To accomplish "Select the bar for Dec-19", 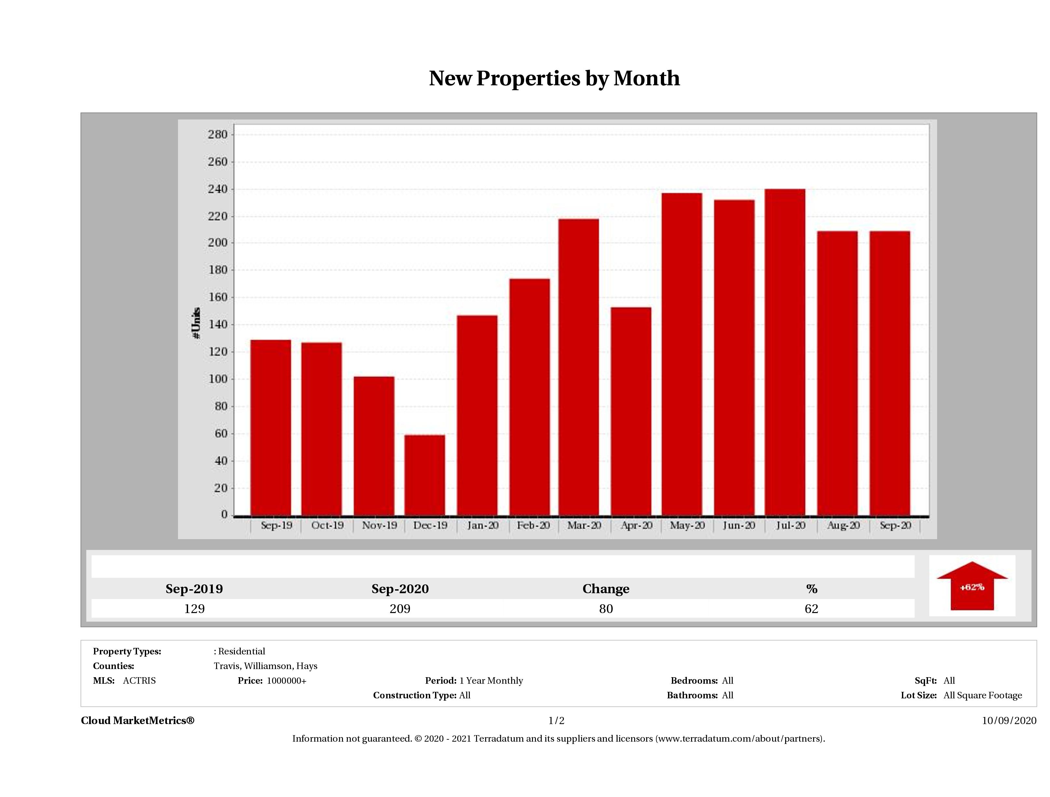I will (x=425, y=475).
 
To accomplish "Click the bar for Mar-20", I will (x=579, y=367).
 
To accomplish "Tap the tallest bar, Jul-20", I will (x=785, y=352).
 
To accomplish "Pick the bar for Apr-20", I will (x=631, y=411).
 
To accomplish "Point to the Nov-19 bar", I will (x=374, y=446).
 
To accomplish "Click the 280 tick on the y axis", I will (x=218, y=134).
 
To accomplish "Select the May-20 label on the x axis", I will (x=687, y=525).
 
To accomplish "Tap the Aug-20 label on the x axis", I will (x=843, y=525).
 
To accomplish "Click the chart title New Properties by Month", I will (x=554, y=78).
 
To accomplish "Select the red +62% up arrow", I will (x=972, y=586).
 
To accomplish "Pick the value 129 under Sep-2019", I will (x=194, y=609).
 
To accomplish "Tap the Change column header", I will (x=606, y=589).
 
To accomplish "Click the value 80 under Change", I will (x=606, y=609).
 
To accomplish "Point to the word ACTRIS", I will (x=139, y=681).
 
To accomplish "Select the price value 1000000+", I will (x=286, y=681).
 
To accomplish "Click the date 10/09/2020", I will (x=1009, y=720).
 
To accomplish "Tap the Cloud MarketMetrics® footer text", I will (x=138, y=720).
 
